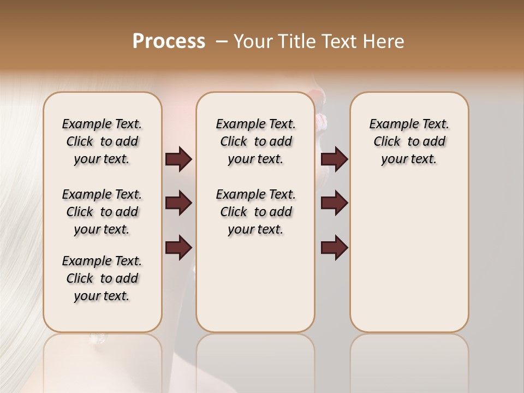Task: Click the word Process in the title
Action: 169,41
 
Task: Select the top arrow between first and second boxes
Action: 178,159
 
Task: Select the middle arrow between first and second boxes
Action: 178,204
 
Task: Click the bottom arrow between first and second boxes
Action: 178,248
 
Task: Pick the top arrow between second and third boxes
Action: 334,159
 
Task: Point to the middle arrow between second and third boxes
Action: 334,204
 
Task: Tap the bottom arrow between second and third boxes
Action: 334,248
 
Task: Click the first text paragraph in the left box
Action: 102,141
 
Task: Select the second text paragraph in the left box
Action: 102,212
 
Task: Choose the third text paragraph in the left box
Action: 102,278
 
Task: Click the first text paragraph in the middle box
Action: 255,141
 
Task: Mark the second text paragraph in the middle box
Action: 255,212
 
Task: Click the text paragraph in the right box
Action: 409,141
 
